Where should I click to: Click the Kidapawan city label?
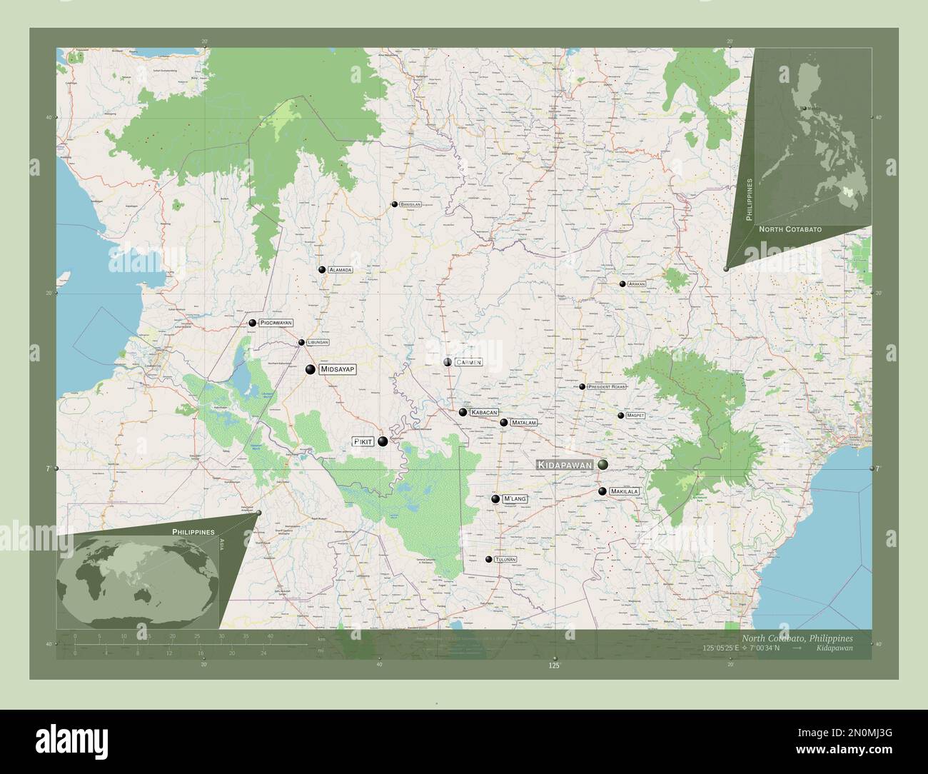coord(566,465)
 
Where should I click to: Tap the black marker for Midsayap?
coord(311,369)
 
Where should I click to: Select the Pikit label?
coord(363,443)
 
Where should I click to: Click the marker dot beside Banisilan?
coord(393,204)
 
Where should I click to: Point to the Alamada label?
coord(341,270)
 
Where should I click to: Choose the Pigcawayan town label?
coord(276,323)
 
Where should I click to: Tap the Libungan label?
coord(318,343)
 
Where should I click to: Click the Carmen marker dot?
coord(448,363)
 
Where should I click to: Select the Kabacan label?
coord(483,413)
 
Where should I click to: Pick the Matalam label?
coord(523,423)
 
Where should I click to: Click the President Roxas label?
coord(607,387)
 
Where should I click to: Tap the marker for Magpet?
coord(621,415)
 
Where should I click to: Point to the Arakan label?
coord(637,284)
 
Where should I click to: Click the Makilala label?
coord(625,492)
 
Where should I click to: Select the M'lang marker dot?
coord(495,499)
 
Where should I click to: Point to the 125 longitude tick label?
coord(553,665)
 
